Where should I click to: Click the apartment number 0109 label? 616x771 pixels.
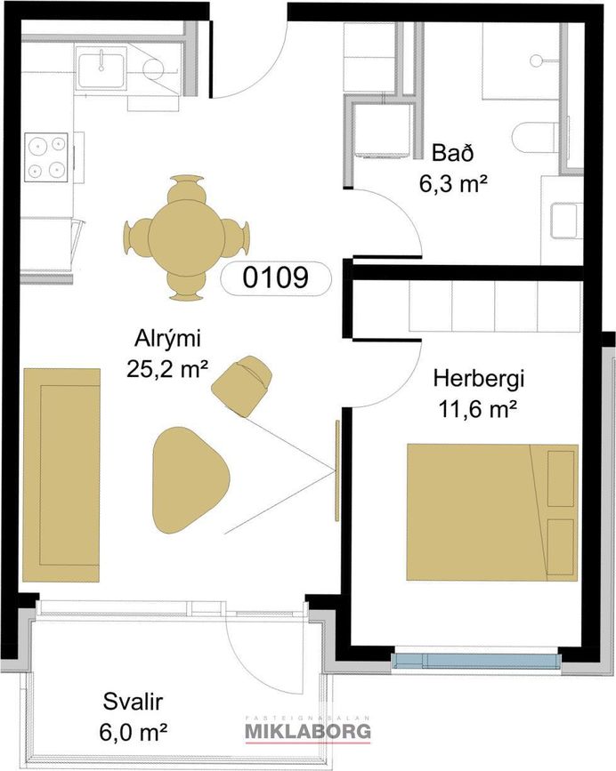click(x=276, y=277)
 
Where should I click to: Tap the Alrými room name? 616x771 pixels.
click(x=168, y=341)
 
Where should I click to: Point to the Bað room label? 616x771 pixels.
click(x=452, y=153)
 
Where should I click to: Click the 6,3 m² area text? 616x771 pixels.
click(x=453, y=184)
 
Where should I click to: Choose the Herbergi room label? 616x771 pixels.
click(x=478, y=379)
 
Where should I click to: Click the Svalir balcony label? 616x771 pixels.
click(x=133, y=702)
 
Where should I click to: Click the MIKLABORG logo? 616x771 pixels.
click(x=308, y=730)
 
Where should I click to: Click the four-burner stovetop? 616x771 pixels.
click(x=47, y=157)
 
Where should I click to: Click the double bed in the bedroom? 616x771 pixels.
click(x=492, y=512)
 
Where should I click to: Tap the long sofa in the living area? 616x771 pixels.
click(x=61, y=475)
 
